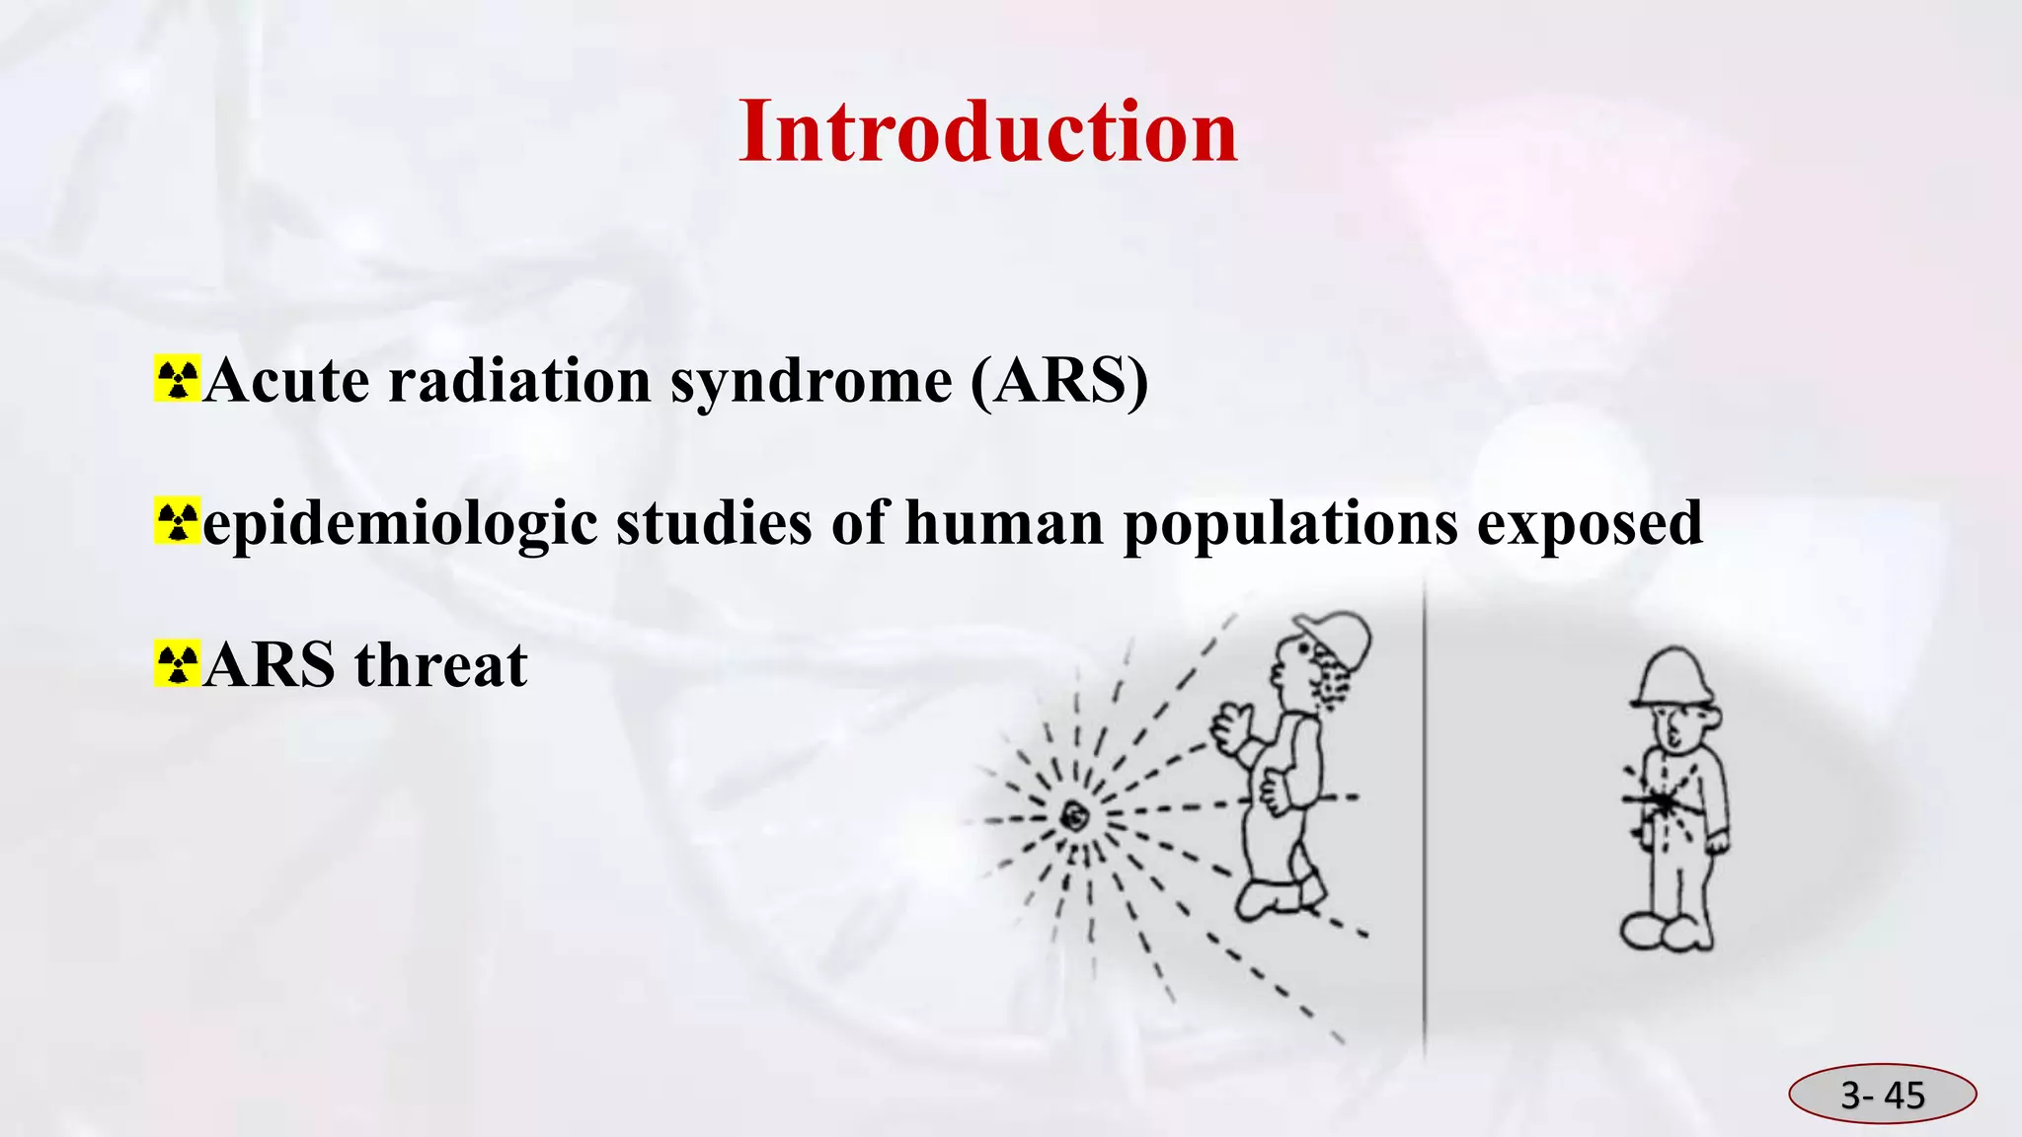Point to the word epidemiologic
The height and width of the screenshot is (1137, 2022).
(399, 523)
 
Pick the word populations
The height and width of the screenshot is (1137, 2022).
(1289, 523)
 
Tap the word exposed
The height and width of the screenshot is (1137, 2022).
(1590, 523)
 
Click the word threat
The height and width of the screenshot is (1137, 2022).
(440, 665)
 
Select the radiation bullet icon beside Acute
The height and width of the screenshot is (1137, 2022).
(177, 379)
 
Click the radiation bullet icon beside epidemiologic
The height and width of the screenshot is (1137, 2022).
(177, 522)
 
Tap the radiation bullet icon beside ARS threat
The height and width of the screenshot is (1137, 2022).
(177, 664)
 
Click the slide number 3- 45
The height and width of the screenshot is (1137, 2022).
(1882, 1095)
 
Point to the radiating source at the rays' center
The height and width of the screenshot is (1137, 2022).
(1073, 815)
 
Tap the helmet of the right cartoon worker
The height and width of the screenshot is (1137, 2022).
(1672, 677)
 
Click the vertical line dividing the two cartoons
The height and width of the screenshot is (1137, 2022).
(1424, 819)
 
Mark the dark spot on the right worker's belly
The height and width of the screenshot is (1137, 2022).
(1663, 803)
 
